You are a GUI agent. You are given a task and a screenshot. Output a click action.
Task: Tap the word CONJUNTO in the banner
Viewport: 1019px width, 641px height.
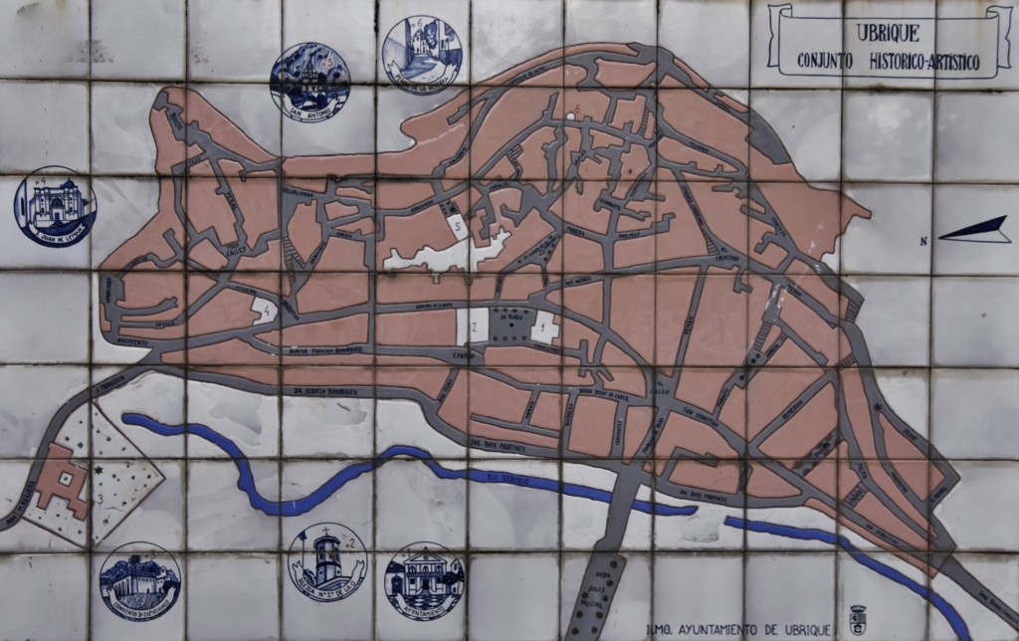[x=831, y=62]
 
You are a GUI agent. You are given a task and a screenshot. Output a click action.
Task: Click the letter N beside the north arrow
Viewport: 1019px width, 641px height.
[x=924, y=240]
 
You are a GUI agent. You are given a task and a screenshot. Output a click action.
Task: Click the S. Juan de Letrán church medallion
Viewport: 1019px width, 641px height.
[x=55, y=206]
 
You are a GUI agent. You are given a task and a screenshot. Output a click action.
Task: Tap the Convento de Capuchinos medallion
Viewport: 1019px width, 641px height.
[x=140, y=581]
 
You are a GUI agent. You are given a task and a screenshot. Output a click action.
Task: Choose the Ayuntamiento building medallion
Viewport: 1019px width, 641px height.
[x=424, y=580]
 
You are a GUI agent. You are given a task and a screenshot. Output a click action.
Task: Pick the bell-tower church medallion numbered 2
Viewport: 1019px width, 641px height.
[x=326, y=562]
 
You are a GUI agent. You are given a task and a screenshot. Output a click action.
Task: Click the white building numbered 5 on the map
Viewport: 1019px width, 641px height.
[x=457, y=228]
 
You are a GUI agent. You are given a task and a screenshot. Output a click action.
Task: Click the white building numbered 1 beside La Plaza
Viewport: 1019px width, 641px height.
[x=543, y=325]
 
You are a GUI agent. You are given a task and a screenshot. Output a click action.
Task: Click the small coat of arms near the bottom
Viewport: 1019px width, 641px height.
[x=857, y=619]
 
